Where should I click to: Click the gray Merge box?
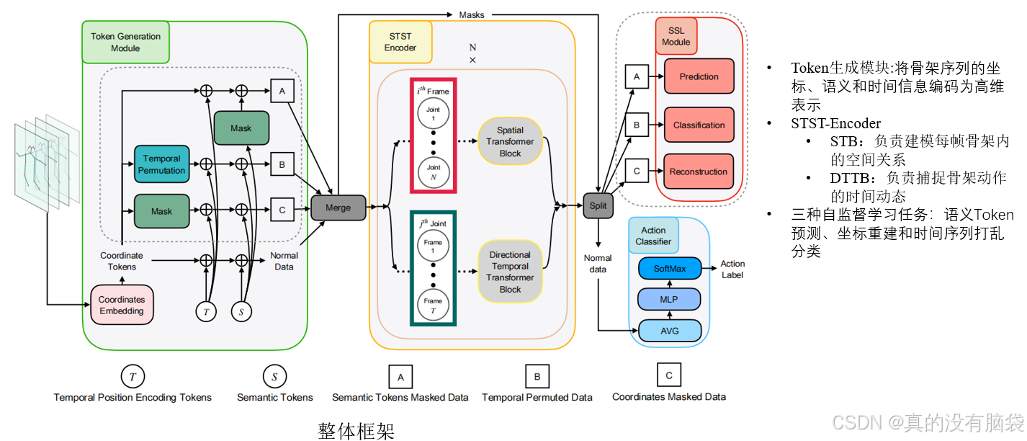pos(338,208)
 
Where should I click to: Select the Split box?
pos(598,205)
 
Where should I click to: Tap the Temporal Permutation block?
pos(161,164)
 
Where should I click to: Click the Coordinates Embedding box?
pos(122,305)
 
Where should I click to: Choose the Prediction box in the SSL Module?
pos(699,76)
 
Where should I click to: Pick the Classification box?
pos(699,125)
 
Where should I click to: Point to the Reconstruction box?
pos(699,171)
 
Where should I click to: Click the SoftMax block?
pos(670,269)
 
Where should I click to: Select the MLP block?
pos(670,299)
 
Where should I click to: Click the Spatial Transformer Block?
pos(510,142)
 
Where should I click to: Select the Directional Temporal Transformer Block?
pos(510,272)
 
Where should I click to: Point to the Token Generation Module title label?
pos(125,43)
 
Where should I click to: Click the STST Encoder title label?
pos(400,42)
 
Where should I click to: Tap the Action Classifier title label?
pos(653,236)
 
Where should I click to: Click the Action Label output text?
pos(732,269)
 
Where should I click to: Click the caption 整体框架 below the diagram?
pos(356,430)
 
